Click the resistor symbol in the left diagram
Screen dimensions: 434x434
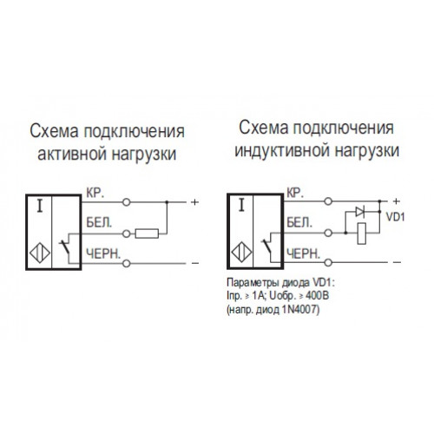point(147,233)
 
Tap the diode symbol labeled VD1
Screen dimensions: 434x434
point(360,212)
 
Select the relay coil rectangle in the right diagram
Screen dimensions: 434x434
point(362,233)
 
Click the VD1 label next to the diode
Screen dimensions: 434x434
point(396,217)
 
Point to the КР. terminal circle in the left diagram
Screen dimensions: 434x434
point(127,202)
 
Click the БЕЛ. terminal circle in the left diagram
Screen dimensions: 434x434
point(127,233)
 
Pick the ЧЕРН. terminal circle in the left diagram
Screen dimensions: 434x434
point(127,263)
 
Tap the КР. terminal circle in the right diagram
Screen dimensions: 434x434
point(328,201)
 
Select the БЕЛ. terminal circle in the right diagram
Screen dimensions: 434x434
point(328,233)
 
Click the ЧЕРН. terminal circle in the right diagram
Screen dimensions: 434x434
point(328,262)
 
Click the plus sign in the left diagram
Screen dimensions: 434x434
point(195,202)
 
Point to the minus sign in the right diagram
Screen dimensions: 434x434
point(398,262)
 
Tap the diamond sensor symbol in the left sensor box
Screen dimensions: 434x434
point(40,253)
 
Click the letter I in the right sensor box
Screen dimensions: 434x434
point(241,205)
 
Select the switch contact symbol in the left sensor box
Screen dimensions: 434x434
point(68,248)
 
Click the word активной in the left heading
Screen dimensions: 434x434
point(72,153)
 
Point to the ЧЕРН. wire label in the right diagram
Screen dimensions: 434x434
point(304,253)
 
